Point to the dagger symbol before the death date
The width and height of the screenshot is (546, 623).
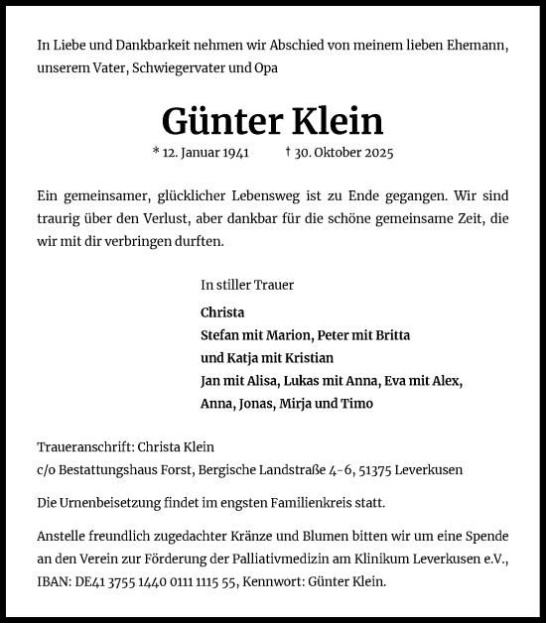(x=288, y=153)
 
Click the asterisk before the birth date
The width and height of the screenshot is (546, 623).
(x=156, y=153)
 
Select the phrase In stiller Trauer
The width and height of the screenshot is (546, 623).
(x=247, y=285)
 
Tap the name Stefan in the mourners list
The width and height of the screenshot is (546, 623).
(x=219, y=334)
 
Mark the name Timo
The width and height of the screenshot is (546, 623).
(x=357, y=404)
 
